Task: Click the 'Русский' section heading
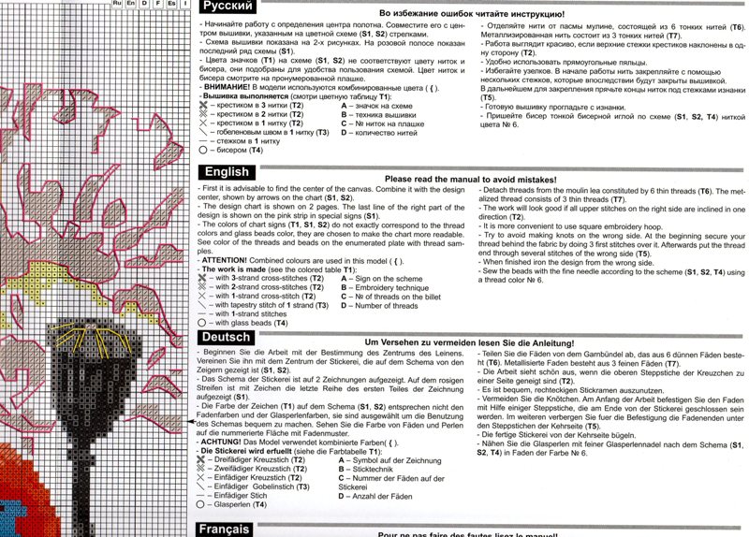[x=226, y=7]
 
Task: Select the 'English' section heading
[x=226, y=172]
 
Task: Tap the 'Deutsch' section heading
[x=226, y=337]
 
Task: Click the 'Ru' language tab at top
[x=116, y=5]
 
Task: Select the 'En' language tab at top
[x=130, y=5]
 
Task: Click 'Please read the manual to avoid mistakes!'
[x=470, y=179]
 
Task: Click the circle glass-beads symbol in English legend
[x=204, y=323]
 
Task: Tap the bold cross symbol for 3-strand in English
[x=204, y=279]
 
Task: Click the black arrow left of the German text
[x=187, y=423]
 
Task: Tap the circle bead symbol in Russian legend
[x=204, y=150]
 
